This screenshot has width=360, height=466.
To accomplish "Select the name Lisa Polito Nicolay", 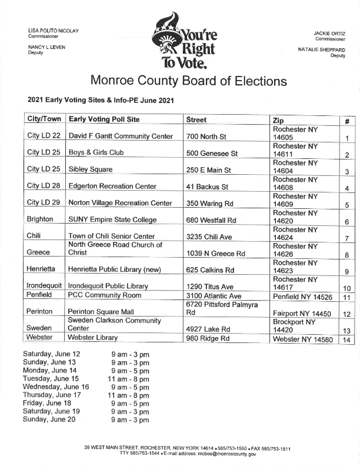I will pos(54,30).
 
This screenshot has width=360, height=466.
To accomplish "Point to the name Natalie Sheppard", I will pos(322,50).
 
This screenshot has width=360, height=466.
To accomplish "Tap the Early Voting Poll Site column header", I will pos(104,119).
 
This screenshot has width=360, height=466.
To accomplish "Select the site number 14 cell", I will pos(346,339).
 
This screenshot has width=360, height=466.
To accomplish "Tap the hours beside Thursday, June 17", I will pos(128,395).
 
